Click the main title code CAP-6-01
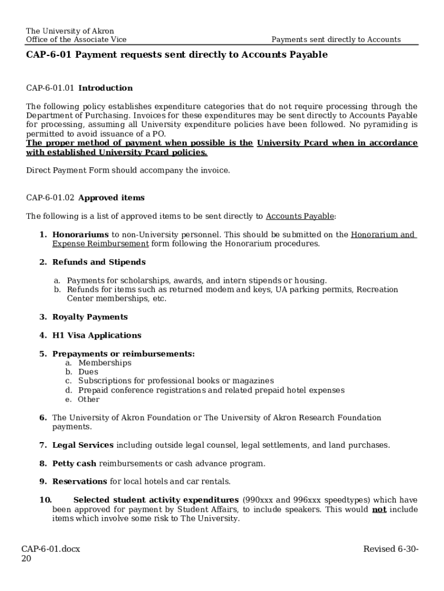click(x=49, y=55)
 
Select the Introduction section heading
click(x=106, y=88)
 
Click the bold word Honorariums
click(x=80, y=235)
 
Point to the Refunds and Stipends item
click(x=99, y=263)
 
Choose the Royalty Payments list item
click(x=90, y=317)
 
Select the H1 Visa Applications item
click(x=96, y=336)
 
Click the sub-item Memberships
click(x=104, y=363)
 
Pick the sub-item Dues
click(x=88, y=372)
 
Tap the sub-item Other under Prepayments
click(x=89, y=399)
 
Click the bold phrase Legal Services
click(x=82, y=445)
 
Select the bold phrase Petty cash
click(x=74, y=463)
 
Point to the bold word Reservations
click(x=80, y=481)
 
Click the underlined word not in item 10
click(x=379, y=510)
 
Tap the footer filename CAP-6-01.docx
click(x=51, y=549)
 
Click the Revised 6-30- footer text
click(x=390, y=549)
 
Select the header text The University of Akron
click(x=70, y=31)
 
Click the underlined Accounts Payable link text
click(x=299, y=216)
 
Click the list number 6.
click(x=43, y=418)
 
